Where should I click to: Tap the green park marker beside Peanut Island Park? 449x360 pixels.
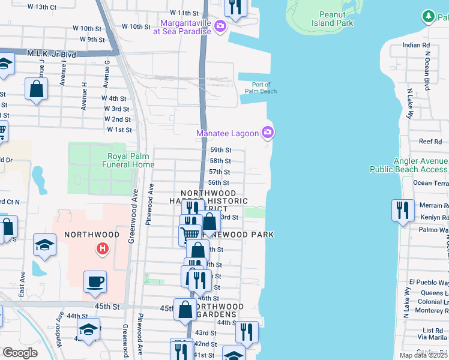(x=428, y=14)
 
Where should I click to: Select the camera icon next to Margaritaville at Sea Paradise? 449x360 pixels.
(x=220, y=25)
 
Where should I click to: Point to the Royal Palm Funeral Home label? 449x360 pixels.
(x=127, y=160)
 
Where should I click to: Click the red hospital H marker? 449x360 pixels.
(x=103, y=247)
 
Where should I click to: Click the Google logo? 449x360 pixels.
(x=20, y=352)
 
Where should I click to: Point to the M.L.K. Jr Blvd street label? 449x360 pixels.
(x=52, y=54)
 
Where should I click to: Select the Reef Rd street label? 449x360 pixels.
(x=430, y=142)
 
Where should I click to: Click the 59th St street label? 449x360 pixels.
(x=220, y=150)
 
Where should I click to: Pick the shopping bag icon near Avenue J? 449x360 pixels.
(x=37, y=89)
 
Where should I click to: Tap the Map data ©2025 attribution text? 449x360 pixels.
(x=423, y=355)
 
